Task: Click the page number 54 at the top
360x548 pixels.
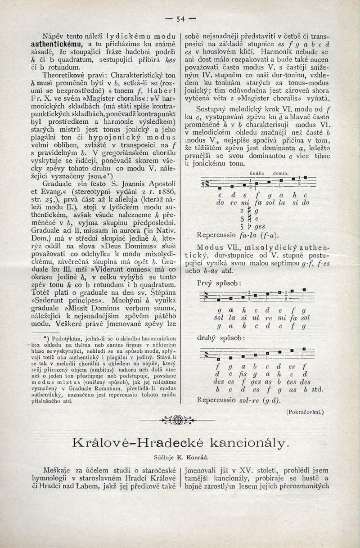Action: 181,19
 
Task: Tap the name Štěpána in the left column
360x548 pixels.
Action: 160,293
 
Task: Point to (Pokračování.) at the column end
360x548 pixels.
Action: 305,412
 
